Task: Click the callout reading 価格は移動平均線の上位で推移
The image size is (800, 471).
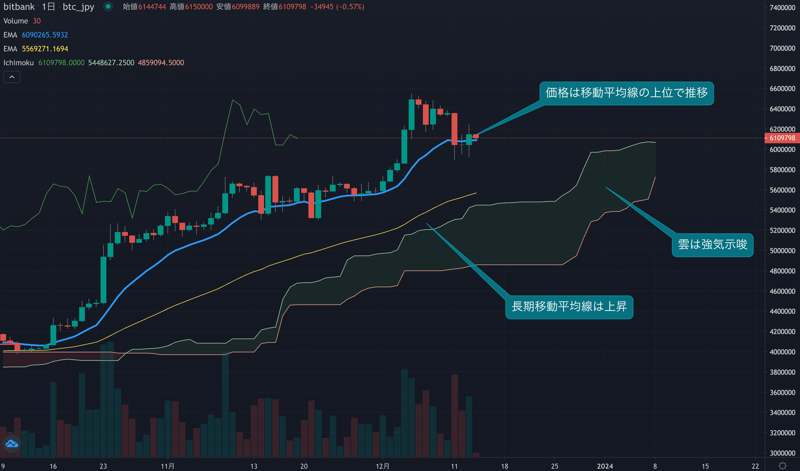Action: tap(627, 93)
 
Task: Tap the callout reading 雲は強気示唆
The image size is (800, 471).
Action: tap(712, 245)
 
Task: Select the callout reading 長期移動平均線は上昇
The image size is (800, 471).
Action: tap(569, 307)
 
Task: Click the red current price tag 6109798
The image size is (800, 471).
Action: tap(782, 138)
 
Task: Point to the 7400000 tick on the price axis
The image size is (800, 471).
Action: tap(782, 8)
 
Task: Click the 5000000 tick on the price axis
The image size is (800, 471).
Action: tap(782, 251)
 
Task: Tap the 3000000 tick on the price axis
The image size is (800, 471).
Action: tap(782, 453)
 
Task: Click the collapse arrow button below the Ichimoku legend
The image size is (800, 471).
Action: tap(12, 77)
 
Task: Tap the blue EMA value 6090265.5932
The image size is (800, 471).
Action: tap(45, 35)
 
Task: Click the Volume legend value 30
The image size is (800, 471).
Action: tap(37, 21)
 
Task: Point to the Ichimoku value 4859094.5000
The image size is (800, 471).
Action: tap(161, 63)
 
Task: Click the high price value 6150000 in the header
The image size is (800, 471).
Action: tap(199, 7)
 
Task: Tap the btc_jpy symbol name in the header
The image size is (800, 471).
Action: tap(79, 7)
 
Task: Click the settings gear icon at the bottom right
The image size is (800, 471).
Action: tap(783, 466)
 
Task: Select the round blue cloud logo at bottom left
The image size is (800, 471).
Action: tap(12, 444)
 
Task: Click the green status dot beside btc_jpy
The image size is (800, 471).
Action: tap(108, 6)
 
